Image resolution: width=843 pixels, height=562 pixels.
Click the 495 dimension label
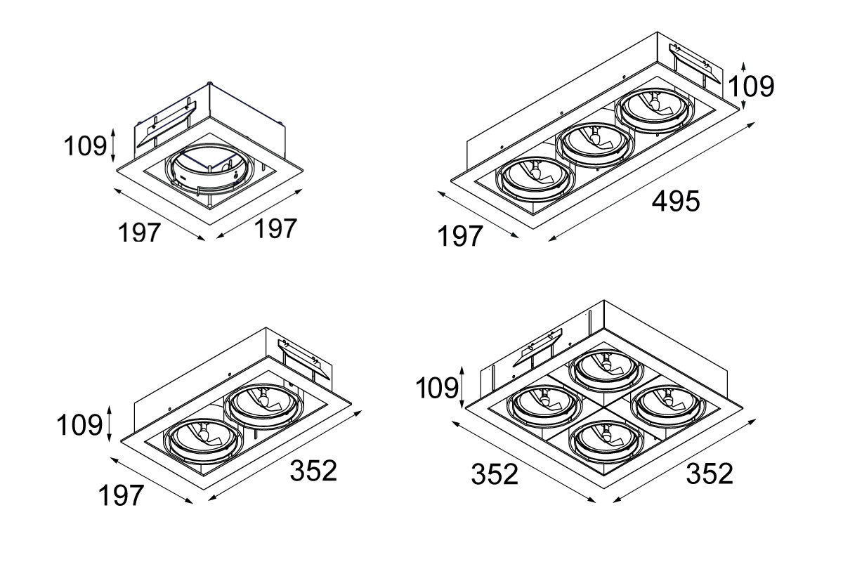tap(676, 202)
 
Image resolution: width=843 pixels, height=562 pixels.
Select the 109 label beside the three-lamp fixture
tap(750, 86)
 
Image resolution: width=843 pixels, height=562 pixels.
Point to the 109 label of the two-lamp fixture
tap(80, 425)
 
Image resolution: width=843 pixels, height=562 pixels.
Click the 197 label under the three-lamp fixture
tap(462, 237)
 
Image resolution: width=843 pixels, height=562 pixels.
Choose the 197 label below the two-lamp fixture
tap(120, 496)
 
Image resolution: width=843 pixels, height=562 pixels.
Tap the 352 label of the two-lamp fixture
tap(314, 471)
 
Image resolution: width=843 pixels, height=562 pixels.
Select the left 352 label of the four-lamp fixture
tap(495, 476)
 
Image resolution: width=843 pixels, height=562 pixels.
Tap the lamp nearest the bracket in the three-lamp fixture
tap(653, 108)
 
